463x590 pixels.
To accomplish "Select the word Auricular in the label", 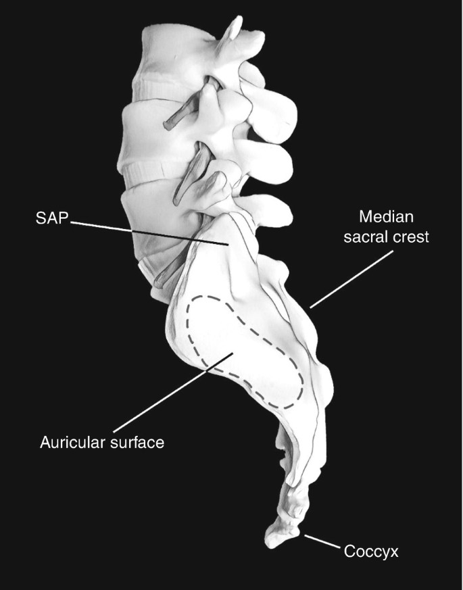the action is pos(71,443).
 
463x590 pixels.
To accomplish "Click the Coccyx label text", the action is pos(372,552).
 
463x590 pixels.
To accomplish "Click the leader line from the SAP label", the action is pos(149,231).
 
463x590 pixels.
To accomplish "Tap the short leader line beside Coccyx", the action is pos(321,541).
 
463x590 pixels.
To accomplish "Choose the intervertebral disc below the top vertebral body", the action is pos(159,88).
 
